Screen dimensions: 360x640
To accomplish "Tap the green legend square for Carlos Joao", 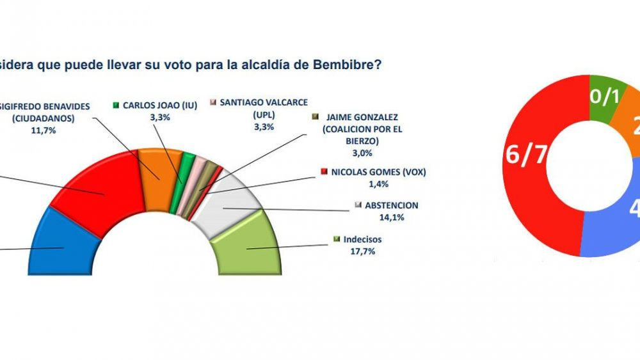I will (x=116, y=104).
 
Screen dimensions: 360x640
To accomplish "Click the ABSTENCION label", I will (x=390, y=205).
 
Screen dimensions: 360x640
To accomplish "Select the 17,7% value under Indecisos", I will (x=362, y=251).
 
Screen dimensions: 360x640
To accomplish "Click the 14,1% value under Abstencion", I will (x=376, y=217).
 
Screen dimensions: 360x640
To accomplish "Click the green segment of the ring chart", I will (x=605, y=96).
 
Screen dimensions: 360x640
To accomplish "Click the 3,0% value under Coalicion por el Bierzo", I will (x=362, y=153).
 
